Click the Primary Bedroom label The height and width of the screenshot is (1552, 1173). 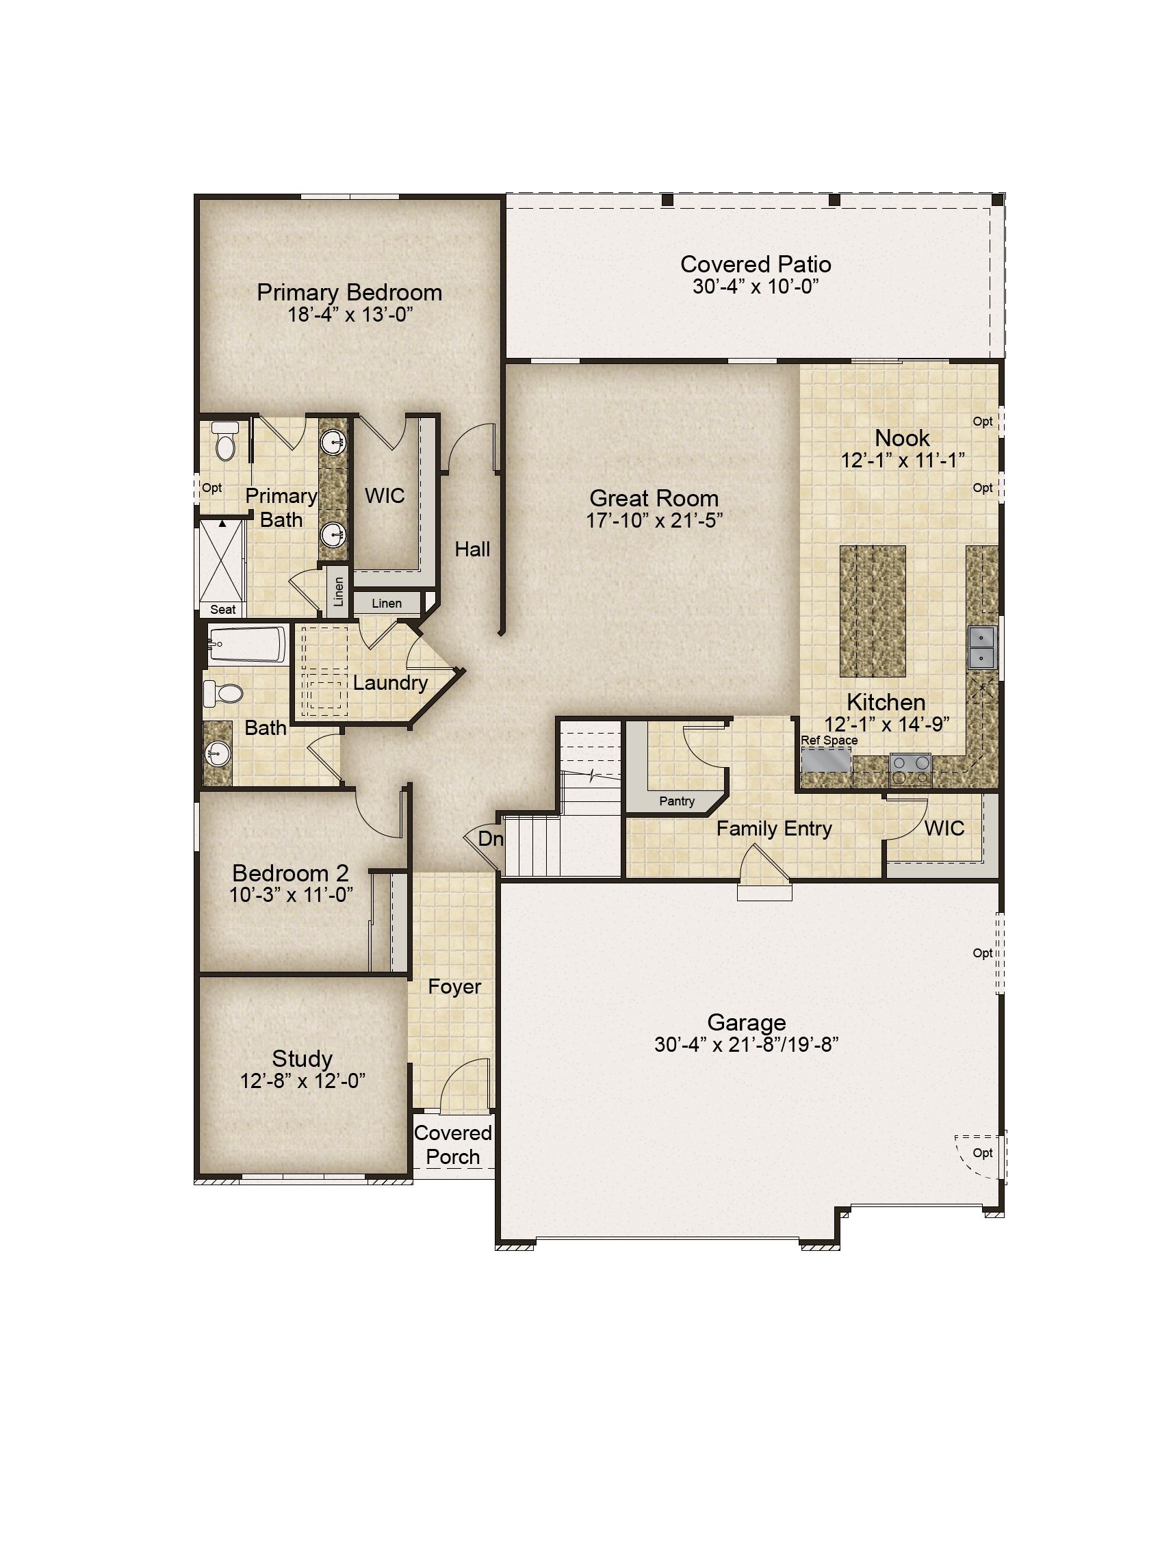click(350, 293)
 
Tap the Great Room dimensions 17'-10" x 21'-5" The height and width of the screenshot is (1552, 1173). click(654, 521)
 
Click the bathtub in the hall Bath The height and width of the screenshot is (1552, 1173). click(248, 644)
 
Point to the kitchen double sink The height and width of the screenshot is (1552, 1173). click(981, 647)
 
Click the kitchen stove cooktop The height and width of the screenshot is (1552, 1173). click(910, 769)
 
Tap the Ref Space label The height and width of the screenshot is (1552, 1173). click(829, 740)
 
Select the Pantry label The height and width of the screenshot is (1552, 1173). click(677, 801)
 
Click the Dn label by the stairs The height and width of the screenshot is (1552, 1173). click(491, 838)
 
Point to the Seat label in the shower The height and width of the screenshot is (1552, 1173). click(223, 610)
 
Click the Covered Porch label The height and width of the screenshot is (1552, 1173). click(453, 1144)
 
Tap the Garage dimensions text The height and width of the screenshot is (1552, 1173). click(747, 1045)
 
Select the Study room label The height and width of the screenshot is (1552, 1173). click(302, 1058)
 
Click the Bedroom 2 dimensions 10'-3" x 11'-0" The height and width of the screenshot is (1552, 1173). click(291, 894)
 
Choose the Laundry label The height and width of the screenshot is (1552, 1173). click(390, 683)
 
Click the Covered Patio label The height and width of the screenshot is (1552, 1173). click(756, 265)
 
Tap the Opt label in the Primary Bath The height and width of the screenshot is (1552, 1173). click(212, 488)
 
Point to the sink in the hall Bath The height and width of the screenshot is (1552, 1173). click(218, 755)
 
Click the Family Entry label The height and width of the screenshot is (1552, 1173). click(774, 829)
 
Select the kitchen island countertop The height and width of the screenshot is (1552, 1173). click(873, 611)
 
